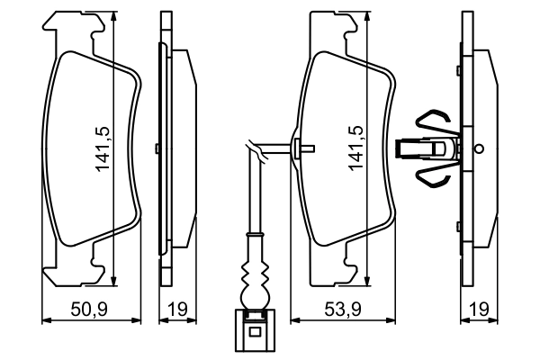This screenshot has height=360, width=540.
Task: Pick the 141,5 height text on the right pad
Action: pos(355,148)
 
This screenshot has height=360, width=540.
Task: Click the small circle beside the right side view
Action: pos(479,149)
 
